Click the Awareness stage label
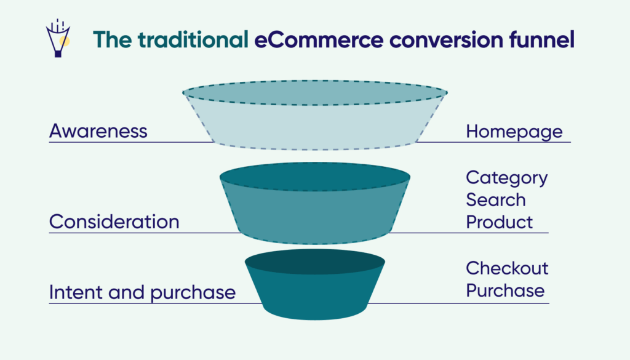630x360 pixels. point(98,131)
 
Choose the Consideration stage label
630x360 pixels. point(114,222)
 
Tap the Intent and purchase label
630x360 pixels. point(142,292)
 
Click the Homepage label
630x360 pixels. point(514,131)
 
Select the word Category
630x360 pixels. point(507,178)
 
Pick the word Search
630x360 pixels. point(496,199)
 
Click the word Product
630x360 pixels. point(500,222)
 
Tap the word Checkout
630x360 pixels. point(507,268)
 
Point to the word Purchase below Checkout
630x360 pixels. point(505,290)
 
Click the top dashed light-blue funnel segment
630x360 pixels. point(315,129)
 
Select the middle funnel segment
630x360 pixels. point(315,212)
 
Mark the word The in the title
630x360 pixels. point(113,39)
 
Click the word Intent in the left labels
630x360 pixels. point(71,292)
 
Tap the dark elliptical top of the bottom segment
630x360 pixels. point(315,262)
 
